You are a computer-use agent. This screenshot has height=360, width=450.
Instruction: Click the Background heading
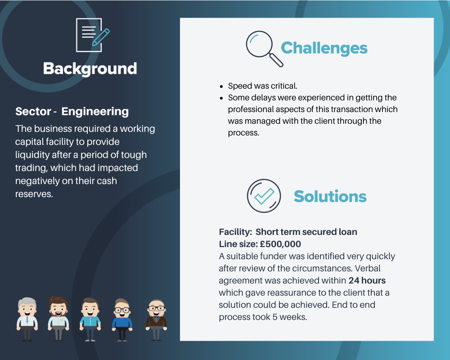coord(90,69)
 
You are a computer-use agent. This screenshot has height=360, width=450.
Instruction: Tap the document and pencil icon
coord(93,35)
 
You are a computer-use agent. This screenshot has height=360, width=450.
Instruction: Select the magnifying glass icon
coord(264,49)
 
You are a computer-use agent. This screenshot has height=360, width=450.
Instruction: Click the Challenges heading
coord(324,48)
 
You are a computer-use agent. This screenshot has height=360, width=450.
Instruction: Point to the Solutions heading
coord(330,196)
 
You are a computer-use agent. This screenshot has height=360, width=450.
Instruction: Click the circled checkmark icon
coord(264,196)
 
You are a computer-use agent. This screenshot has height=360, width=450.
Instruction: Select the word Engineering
coord(95,112)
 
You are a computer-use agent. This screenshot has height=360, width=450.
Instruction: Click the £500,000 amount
coord(280,244)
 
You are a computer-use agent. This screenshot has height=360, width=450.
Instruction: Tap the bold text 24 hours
coord(367,280)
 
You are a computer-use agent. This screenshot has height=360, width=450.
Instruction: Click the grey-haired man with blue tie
coord(27,319)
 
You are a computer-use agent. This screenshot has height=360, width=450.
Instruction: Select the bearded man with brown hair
coord(58,318)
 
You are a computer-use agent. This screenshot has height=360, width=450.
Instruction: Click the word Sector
coord(33,112)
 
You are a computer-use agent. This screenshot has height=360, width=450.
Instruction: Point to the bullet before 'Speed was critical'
coord(221,86)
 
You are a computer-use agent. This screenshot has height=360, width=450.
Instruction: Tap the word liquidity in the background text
coord(32,155)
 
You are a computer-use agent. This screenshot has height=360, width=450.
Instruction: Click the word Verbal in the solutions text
coord(368,268)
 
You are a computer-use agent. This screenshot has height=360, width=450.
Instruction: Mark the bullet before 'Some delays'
coord(221,98)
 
